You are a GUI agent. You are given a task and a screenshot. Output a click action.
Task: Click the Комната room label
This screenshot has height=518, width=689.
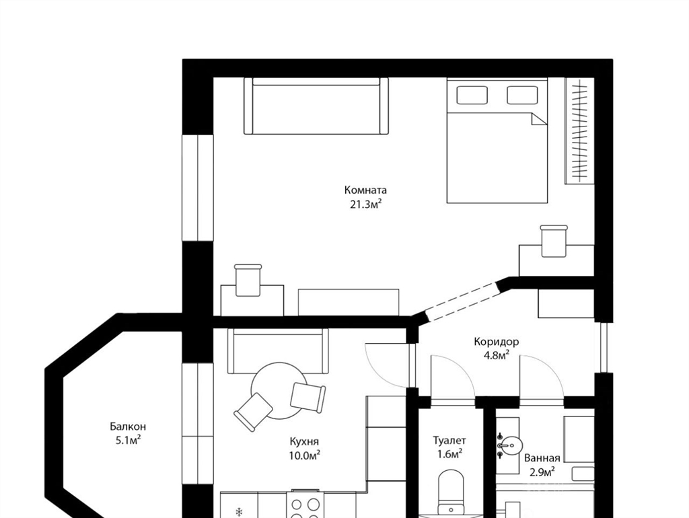(365, 190)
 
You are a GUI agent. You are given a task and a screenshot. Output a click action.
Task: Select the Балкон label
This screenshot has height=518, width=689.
(128, 427)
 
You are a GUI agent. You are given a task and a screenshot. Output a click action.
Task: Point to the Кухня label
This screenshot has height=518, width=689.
(304, 441)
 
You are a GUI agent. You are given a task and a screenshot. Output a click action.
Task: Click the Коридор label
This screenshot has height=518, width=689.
(496, 341)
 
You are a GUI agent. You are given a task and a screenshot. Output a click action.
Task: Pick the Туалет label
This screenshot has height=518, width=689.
(449, 440)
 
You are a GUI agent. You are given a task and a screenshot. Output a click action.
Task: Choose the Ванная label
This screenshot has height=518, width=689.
(542, 459)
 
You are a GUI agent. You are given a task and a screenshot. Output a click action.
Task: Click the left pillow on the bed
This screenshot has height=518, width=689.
(472, 95)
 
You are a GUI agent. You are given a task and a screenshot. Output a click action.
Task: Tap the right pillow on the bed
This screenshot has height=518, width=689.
(522, 95)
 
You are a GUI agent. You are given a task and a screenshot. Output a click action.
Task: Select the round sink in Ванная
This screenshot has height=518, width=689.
(511, 447)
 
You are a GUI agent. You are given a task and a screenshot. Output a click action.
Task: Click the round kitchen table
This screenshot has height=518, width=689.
(279, 391)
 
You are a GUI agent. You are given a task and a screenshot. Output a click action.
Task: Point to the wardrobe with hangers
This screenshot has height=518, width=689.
(579, 131)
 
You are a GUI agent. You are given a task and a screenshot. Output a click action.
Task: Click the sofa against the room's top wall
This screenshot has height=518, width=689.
(316, 106)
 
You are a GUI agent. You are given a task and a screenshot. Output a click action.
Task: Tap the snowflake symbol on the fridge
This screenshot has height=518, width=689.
(240, 512)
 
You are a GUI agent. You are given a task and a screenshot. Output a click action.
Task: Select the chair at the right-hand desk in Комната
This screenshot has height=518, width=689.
(554, 242)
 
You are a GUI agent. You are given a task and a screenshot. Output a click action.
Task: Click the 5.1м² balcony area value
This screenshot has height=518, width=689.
(128, 440)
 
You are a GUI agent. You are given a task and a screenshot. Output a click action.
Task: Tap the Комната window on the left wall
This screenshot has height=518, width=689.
(198, 188)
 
